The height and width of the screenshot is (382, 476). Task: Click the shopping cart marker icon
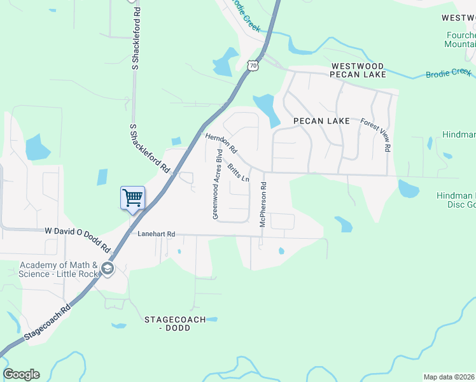(132, 198)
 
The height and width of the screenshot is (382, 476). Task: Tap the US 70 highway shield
(253, 65)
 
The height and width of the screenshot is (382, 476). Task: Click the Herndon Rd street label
(221, 144)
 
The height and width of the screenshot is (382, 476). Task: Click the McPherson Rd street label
(262, 203)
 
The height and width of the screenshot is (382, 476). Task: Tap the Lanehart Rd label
(156, 234)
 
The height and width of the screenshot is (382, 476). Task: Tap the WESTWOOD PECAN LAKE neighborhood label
(357, 70)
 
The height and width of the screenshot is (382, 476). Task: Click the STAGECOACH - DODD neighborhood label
(175, 323)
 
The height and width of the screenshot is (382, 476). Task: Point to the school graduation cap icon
(107, 269)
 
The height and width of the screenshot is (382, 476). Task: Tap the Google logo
(21, 374)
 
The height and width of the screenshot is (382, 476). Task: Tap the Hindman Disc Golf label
(456, 200)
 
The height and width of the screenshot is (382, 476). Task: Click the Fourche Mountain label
(459, 39)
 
